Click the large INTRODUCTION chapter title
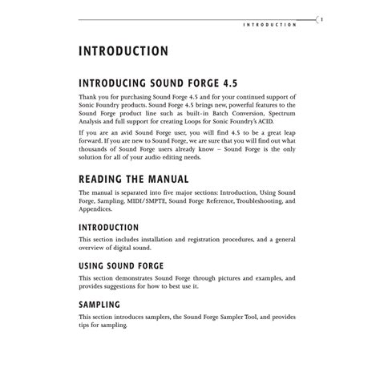click(x=123, y=51)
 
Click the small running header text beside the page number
click(x=270, y=25)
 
